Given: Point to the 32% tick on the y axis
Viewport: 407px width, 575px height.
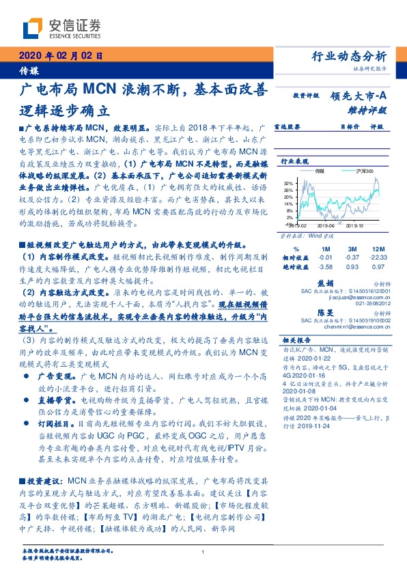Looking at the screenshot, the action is point(290,183).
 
